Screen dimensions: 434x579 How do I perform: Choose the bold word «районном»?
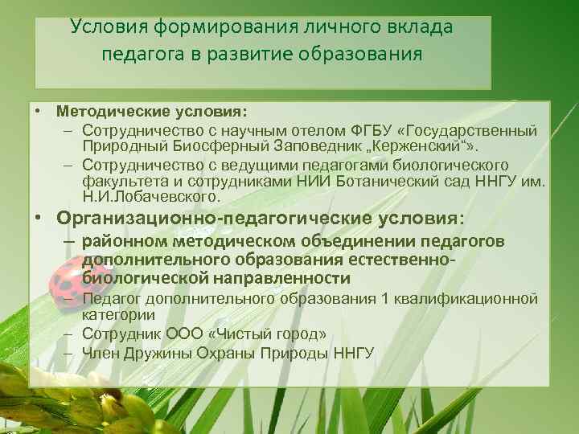pos(120,242)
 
